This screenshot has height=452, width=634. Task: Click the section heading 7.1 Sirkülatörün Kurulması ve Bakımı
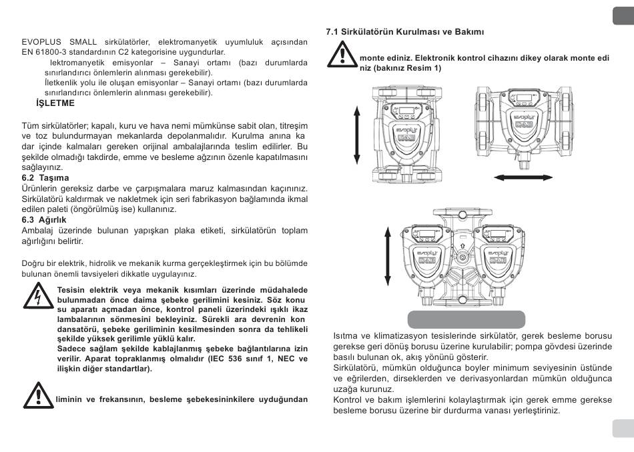coord(404,31)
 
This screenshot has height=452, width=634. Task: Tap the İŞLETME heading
coord(55,103)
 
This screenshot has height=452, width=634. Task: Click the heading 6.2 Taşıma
coord(45,177)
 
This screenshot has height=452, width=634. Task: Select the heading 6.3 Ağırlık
coord(45,219)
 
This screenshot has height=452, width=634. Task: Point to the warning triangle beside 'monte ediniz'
coord(341,53)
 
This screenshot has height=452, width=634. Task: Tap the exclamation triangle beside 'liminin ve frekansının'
coord(38,395)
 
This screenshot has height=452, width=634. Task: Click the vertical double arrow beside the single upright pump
coord(356,135)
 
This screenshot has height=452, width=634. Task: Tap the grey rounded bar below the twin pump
coord(466,318)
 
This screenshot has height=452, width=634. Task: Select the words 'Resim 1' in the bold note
coord(425,68)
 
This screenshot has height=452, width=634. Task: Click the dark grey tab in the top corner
coord(623,15)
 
